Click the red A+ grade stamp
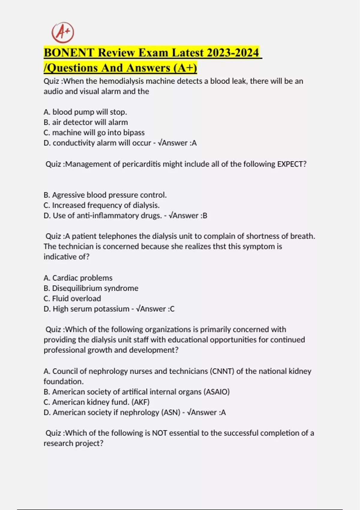coord(63,32)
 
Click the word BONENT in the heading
coord(69,53)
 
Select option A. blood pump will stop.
coord(85,112)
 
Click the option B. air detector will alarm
coord(85,122)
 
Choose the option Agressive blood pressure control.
coord(105,195)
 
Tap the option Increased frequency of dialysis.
coord(101,205)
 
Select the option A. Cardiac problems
coord(78,278)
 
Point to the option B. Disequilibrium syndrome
coord(91,288)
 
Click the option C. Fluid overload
coord(72,298)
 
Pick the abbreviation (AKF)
coord(140,402)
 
